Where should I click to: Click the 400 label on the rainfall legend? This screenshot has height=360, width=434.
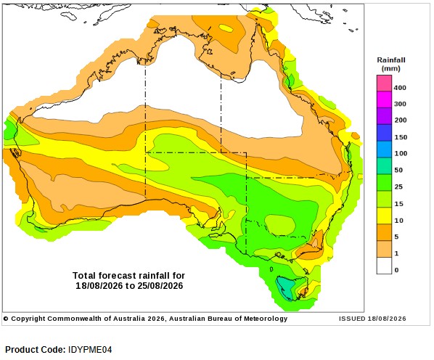click(x=400, y=88)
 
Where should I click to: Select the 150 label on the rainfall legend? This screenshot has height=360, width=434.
click(x=401, y=137)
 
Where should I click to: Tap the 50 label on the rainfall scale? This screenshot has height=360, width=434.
click(x=398, y=170)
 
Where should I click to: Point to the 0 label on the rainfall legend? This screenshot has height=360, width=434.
click(x=397, y=270)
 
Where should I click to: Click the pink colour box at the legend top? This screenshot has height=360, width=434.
click(x=384, y=83)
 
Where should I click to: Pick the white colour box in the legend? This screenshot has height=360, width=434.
click(x=384, y=266)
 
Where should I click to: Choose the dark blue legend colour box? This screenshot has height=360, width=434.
click(x=384, y=133)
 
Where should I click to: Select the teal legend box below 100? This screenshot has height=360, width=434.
click(x=384, y=166)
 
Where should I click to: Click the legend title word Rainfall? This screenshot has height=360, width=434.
click(x=391, y=60)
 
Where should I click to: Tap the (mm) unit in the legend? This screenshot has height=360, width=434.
click(x=391, y=68)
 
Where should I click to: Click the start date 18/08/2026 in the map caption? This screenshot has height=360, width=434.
click(x=99, y=285)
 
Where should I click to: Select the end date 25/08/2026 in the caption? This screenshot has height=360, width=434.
click(x=160, y=285)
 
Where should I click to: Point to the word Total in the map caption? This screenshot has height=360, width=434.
click(x=84, y=276)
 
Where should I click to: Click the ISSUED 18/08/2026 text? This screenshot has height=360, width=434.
click(x=372, y=319)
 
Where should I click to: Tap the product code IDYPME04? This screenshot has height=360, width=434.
click(x=90, y=350)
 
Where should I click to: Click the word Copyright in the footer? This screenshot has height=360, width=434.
click(x=28, y=319)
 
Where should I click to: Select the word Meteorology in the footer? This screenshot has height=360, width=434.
click(x=266, y=319)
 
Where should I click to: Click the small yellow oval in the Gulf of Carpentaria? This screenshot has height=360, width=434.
click(x=226, y=28)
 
